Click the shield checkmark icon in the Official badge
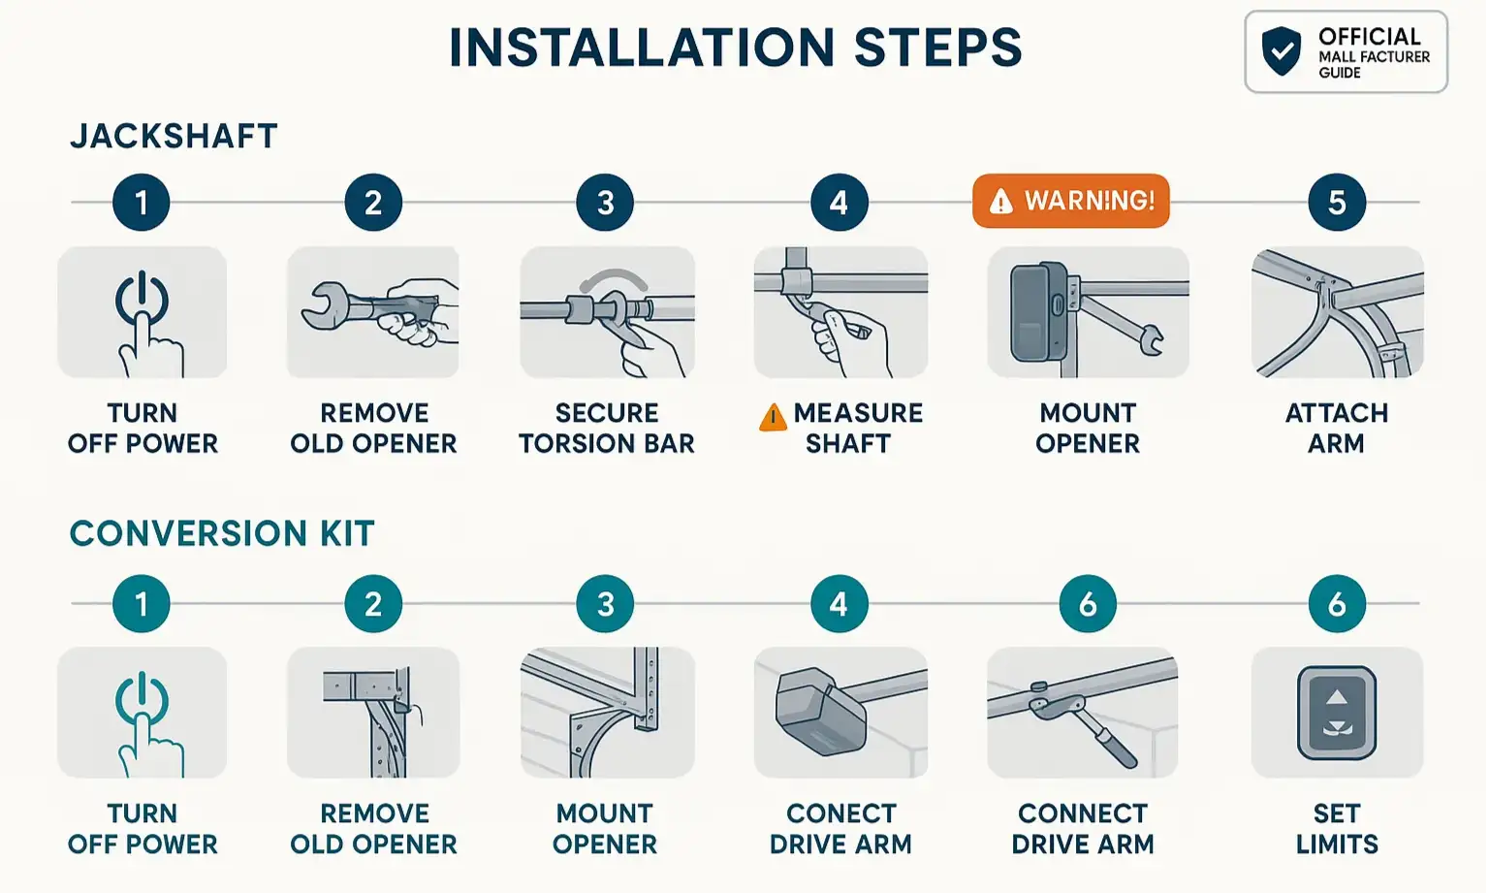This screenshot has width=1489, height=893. click(1281, 51)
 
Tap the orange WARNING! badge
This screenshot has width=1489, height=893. click(1070, 201)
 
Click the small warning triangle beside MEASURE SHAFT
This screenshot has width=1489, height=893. click(773, 418)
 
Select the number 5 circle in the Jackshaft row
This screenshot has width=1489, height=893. click(1336, 203)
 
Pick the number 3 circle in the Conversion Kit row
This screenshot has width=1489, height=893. click(605, 604)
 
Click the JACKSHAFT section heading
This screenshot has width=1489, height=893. click(174, 136)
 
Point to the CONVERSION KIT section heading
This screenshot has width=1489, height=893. click(222, 533)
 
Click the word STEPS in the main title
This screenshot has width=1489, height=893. click(937, 48)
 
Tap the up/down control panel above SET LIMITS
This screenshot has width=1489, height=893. click(1337, 713)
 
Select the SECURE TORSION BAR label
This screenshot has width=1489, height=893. click(607, 428)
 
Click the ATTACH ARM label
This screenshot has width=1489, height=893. click(1336, 428)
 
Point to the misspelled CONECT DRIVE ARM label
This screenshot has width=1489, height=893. click(840, 828)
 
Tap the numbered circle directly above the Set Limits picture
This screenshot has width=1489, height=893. click(1336, 604)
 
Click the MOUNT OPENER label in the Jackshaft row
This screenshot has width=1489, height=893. click(1088, 428)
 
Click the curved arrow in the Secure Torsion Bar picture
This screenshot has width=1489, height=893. click(613, 279)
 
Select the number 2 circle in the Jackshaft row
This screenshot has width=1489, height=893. click(373, 203)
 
